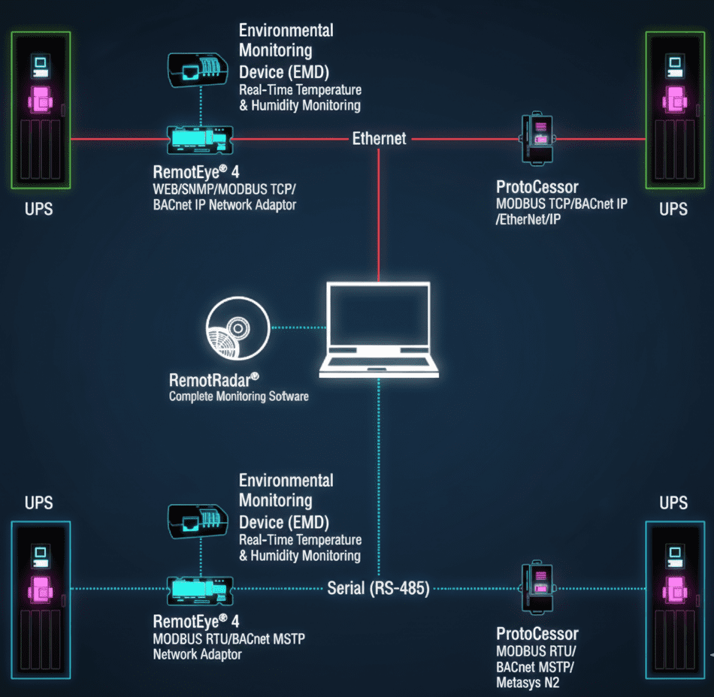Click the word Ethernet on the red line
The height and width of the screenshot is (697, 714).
pos(379,138)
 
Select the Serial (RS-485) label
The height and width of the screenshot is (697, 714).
pos(378,588)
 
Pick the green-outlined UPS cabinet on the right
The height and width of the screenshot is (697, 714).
pos(674,110)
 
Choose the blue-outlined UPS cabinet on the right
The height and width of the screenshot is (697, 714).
pos(674,600)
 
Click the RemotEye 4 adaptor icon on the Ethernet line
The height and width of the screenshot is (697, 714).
pos(199,138)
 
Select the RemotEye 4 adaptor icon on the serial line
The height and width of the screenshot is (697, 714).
pos(199,588)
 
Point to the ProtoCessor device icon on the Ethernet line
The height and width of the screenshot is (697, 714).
pos(538,139)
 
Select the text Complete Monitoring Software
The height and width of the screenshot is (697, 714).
pos(238,396)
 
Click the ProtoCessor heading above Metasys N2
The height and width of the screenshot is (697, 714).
pos(537,634)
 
